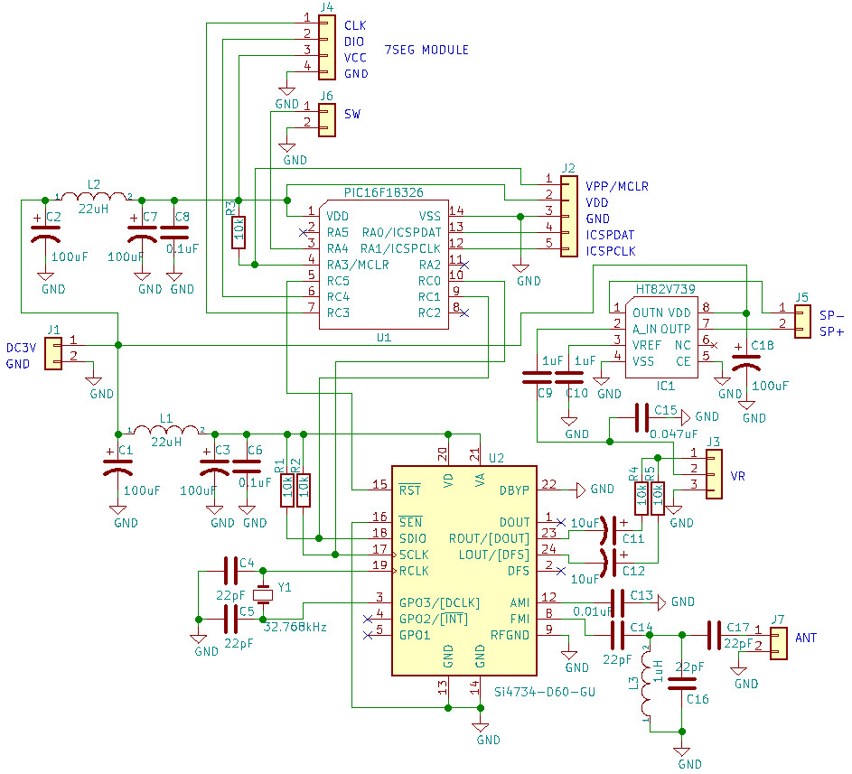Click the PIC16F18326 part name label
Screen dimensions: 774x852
(383, 192)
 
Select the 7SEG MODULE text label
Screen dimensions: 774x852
(426, 50)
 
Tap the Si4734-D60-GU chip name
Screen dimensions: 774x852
(545, 692)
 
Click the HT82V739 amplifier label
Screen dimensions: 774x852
(665, 290)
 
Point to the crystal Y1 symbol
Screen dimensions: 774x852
(263, 594)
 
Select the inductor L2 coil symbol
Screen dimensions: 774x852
(94, 197)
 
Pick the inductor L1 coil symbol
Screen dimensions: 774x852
(165, 430)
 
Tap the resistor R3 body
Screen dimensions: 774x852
(239, 233)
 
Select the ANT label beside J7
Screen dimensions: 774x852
(806, 638)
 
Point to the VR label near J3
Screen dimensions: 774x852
(737, 476)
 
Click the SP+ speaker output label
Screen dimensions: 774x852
(832, 332)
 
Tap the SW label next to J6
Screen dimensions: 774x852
(352, 115)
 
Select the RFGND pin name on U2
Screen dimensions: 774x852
(510, 635)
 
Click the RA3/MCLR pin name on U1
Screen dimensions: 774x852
(358, 265)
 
